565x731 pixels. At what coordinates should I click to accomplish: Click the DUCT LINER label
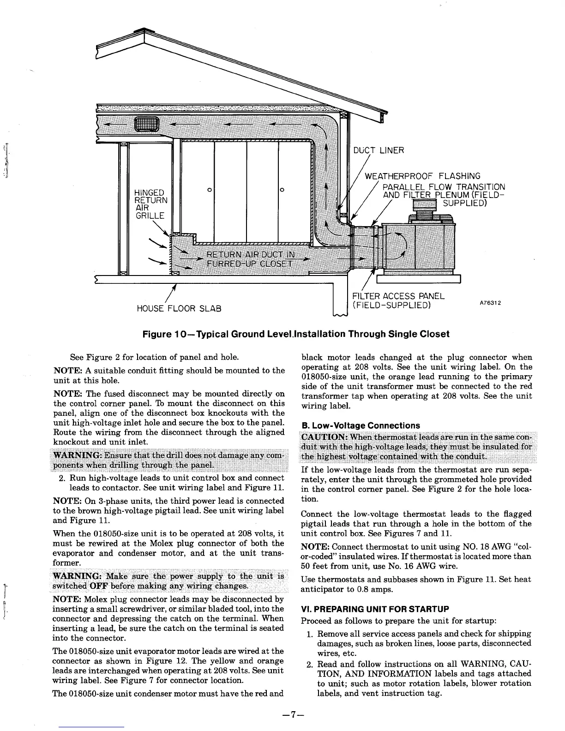(378, 150)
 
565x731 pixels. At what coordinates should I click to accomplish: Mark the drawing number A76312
(490, 303)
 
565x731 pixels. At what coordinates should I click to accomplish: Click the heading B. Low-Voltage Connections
(361, 425)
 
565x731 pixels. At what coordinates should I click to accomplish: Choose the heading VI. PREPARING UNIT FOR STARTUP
(375, 609)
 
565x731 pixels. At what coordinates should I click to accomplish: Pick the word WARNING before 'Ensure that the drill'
(77, 456)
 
